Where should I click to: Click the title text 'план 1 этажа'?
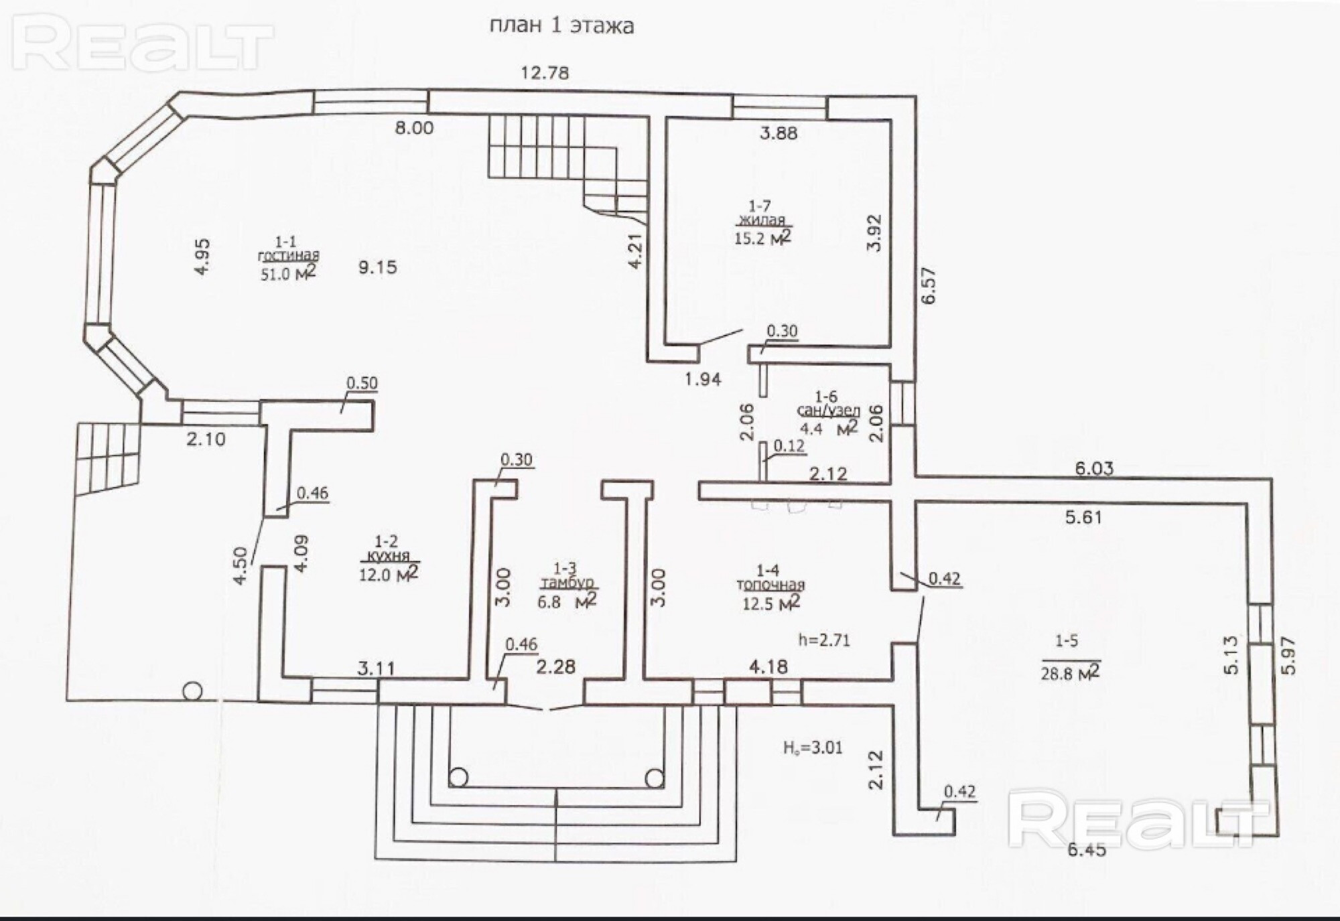[561, 26]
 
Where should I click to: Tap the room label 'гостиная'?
[289, 256]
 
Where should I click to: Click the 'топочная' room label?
[770, 585]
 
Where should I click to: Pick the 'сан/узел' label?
[827, 411]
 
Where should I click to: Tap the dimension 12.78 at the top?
[545, 72]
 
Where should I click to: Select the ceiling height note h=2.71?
[824, 640]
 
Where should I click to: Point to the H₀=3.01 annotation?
[813, 748]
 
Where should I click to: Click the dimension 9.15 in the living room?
[378, 267]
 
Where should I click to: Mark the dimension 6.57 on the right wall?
[929, 285]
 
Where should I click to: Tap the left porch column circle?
[458, 778]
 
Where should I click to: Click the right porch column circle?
[655, 778]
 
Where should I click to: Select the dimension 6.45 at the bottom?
[1087, 851]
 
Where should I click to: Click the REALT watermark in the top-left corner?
[143, 45]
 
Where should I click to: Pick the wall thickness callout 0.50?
[362, 384]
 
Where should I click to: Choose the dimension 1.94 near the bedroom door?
[703, 379]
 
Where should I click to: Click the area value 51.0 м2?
[287, 273]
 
